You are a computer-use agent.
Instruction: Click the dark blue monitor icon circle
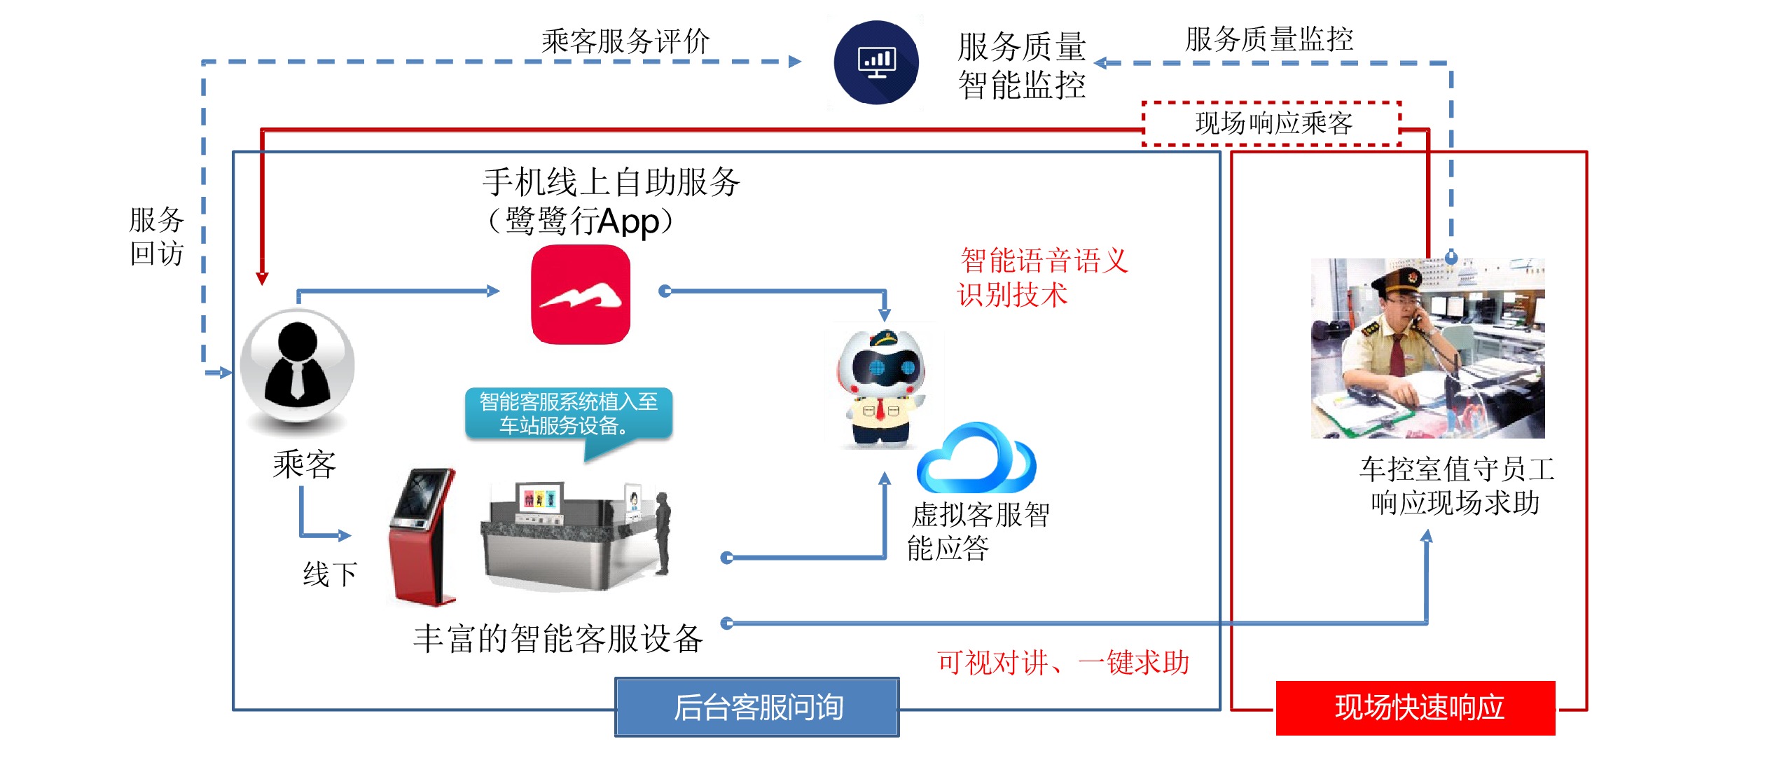[876, 62]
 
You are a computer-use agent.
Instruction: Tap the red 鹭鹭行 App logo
[581, 294]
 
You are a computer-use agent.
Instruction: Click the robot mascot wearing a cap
[882, 385]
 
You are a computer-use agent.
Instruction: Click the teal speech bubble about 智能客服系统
[569, 414]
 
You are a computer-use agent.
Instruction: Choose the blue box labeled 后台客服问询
[757, 707]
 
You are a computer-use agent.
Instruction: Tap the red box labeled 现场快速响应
[1415, 708]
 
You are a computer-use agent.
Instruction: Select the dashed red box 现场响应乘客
[1272, 123]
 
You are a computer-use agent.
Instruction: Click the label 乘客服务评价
[625, 41]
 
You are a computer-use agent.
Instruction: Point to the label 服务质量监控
[1268, 39]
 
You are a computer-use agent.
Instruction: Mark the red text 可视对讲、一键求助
[1063, 663]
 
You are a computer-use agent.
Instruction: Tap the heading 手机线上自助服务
[611, 183]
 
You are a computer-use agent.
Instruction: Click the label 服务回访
[156, 236]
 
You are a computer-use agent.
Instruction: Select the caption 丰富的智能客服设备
[558, 639]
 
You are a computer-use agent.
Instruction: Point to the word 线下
[330, 574]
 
